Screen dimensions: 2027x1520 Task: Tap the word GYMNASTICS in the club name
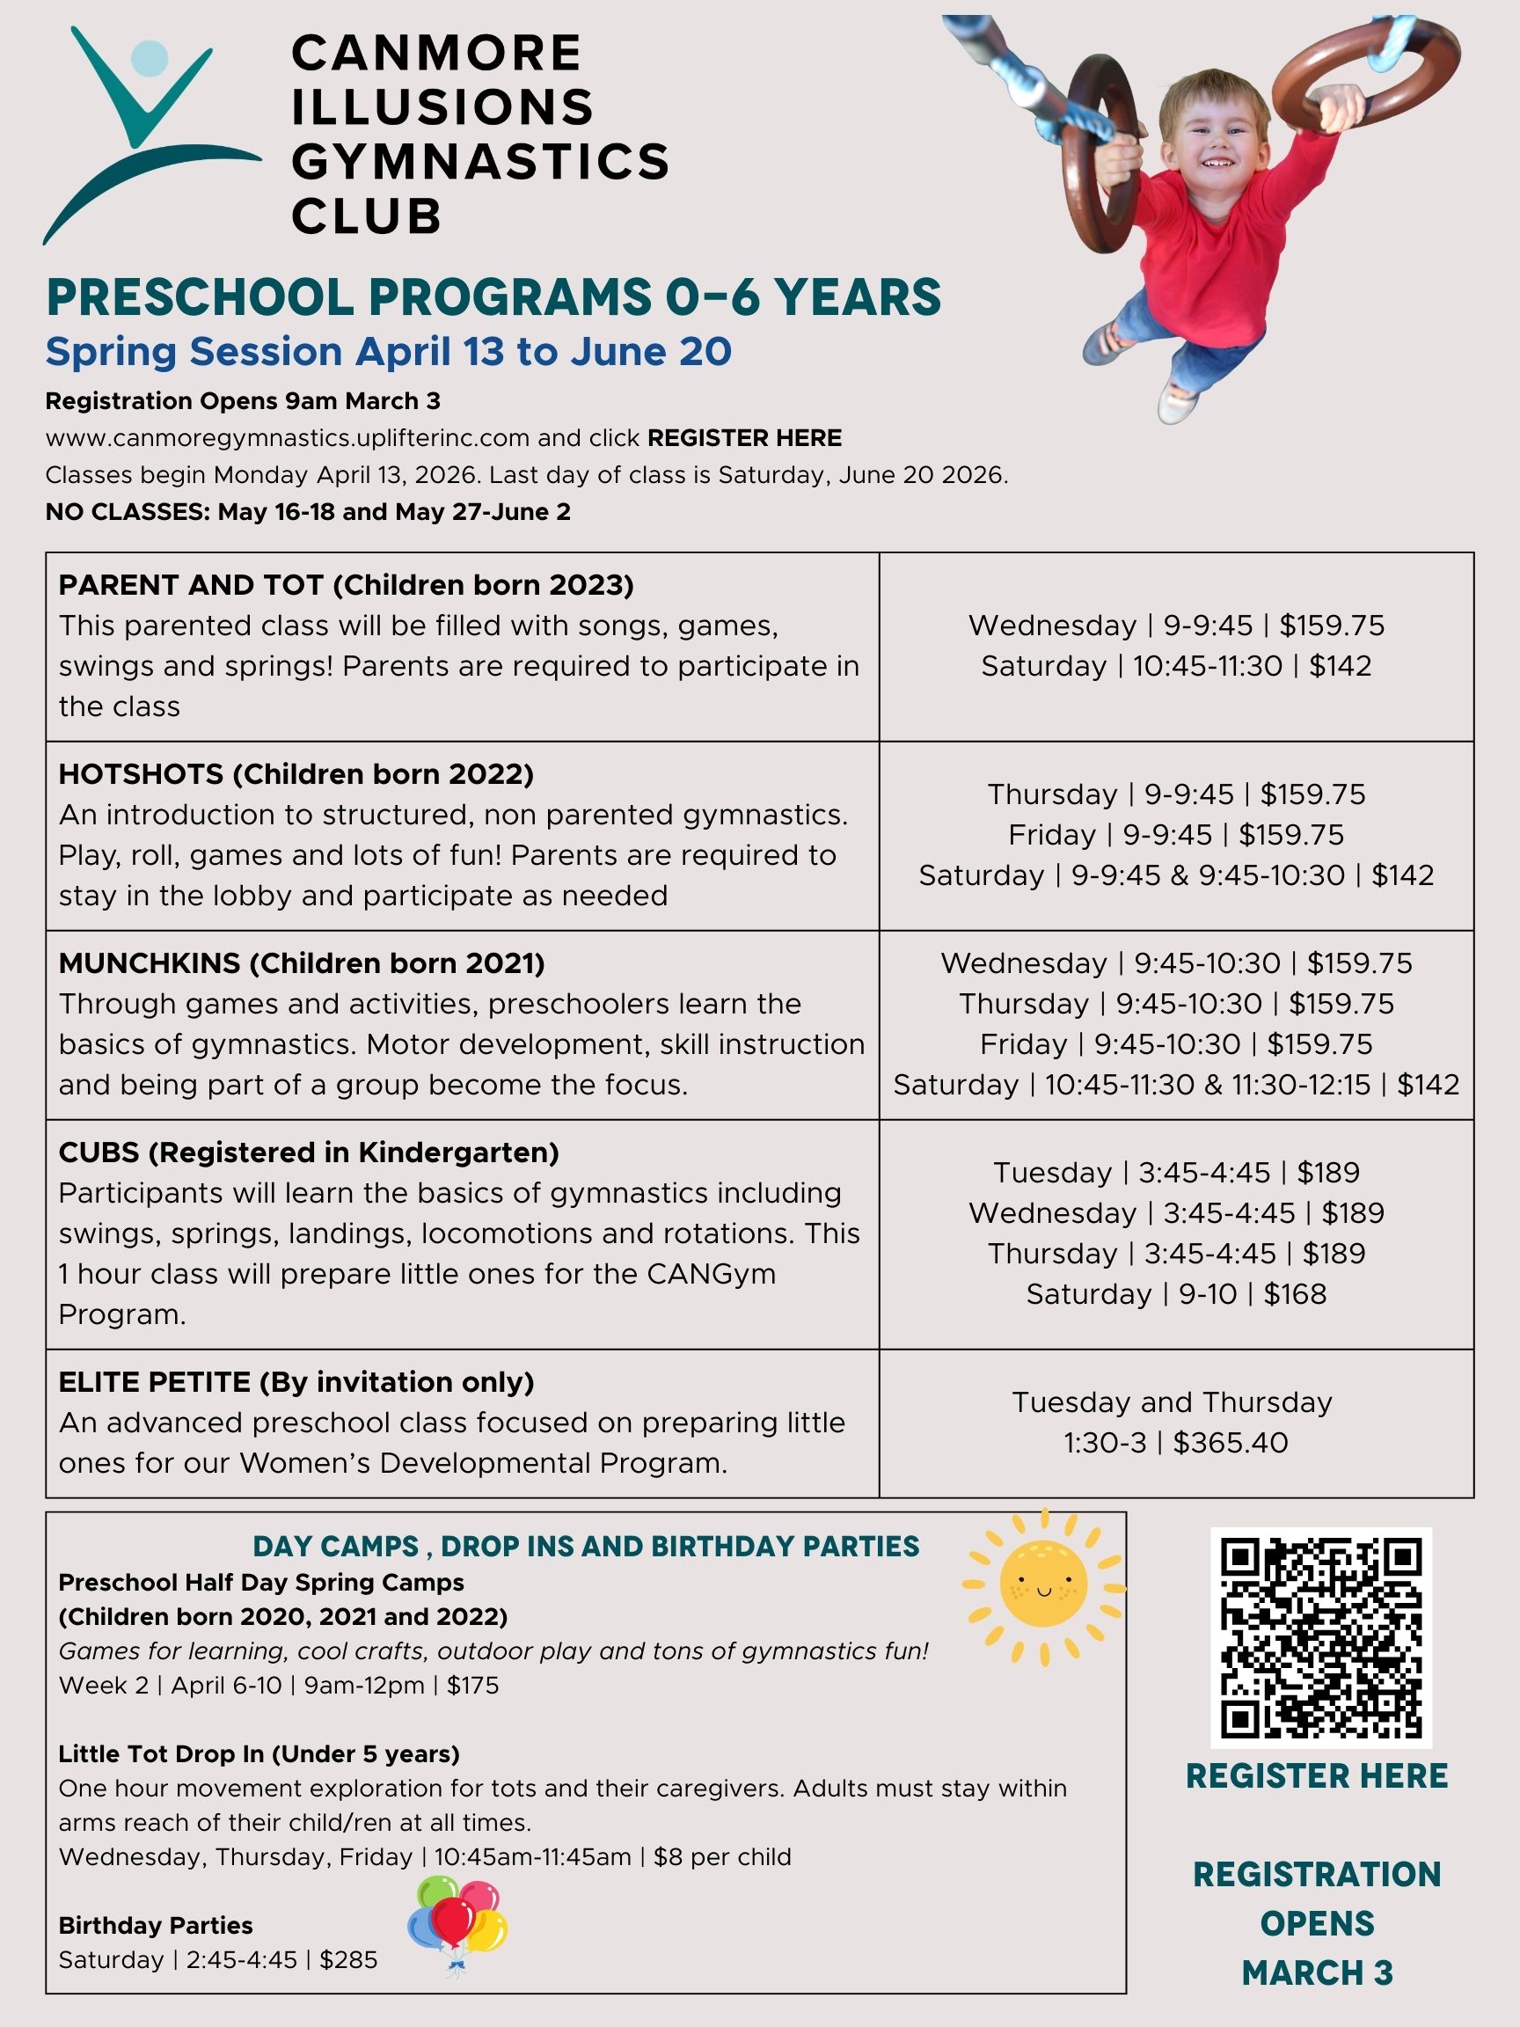[x=480, y=161]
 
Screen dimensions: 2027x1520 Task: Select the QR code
[x=1320, y=1637]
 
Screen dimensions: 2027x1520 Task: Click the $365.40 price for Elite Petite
[x=1231, y=1442]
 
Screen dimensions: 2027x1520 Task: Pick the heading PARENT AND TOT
[x=191, y=585]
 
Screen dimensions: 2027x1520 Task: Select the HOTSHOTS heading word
[x=140, y=774]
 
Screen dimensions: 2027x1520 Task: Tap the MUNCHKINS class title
[x=150, y=963]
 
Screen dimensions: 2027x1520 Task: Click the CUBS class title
[x=99, y=1152]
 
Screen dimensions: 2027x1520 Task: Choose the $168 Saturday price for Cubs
[x=1295, y=1294]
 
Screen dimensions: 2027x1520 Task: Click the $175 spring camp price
[x=472, y=1685]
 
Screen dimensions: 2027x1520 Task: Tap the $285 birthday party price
[x=348, y=1959]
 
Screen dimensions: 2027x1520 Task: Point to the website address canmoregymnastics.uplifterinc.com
[x=288, y=438]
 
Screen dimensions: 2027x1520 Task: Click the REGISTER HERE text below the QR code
[x=1317, y=1776]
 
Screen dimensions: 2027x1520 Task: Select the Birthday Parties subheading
[x=156, y=1925]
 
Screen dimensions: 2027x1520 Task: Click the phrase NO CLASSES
[x=128, y=511]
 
